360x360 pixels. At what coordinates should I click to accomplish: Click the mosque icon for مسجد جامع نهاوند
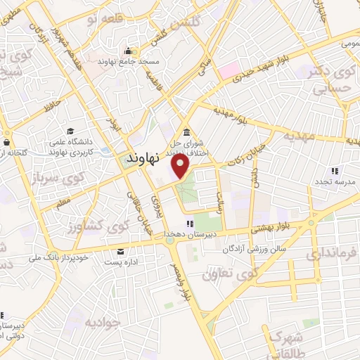click(128, 51)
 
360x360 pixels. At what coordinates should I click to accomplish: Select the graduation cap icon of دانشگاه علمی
click(70, 131)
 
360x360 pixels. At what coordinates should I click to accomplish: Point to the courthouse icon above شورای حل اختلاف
click(186, 133)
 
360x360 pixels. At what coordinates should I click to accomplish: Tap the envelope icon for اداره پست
click(122, 252)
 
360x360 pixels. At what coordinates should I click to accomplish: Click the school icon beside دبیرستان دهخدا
click(188, 224)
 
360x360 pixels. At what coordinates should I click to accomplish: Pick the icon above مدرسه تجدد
click(335, 169)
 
